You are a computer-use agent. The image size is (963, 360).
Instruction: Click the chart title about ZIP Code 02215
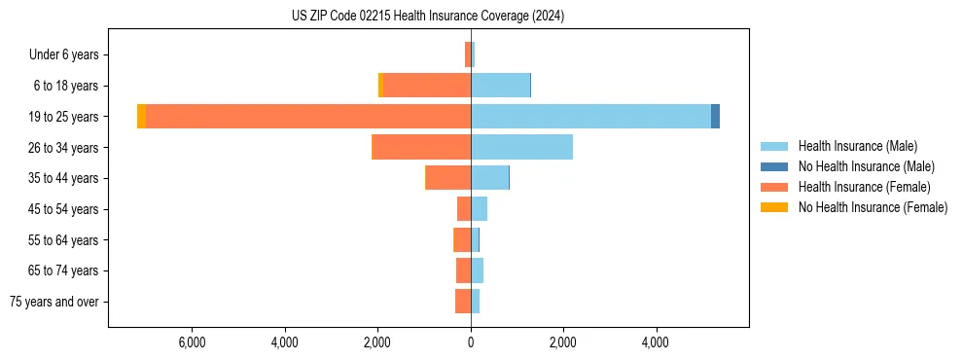pyautogui.click(x=427, y=16)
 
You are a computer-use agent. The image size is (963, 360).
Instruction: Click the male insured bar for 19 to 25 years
pyautogui.click(x=590, y=116)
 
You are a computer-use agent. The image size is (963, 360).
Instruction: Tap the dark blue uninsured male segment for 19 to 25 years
pyautogui.click(x=716, y=116)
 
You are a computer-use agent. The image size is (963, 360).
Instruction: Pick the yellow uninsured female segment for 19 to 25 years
pyautogui.click(x=142, y=116)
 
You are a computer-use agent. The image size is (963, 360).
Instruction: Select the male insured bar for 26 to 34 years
pyautogui.click(x=521, y=147)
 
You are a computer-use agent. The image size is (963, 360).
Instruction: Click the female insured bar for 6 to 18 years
pyautogui.click(x=427, y=86)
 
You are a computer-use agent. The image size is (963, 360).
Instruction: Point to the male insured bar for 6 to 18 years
pyautogui.click(x=500, y=86)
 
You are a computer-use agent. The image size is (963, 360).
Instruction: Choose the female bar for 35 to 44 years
pyautogui.click(x=448, y=178)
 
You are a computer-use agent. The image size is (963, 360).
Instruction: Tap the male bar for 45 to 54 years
pyautogui.click(x=479, y=208)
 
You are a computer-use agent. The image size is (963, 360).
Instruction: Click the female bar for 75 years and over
pyautogui.click(x=463, y=302)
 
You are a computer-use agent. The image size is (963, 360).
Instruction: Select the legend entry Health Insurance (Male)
pyautogui.click(x=857, y=146)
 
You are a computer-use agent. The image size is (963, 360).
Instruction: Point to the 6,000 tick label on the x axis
pyautogui.click(x=192, y=343)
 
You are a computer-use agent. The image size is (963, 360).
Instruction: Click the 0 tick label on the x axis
pyautogui.click(x=471, y=343)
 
